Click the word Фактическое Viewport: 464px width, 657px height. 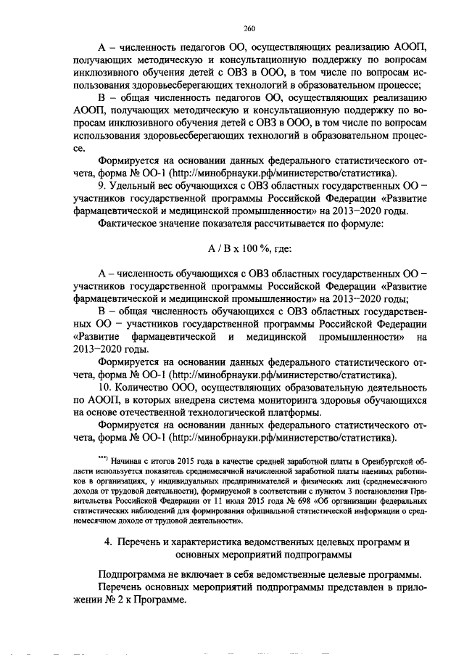132,224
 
